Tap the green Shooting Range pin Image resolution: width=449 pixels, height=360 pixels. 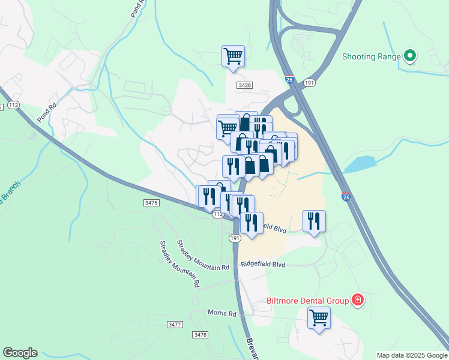411,56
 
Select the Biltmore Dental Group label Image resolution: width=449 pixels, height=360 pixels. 309,301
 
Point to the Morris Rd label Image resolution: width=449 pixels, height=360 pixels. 222,313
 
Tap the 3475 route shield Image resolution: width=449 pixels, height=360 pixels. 151,203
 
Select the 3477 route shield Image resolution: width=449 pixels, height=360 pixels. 175,325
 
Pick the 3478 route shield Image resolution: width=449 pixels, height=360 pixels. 200,334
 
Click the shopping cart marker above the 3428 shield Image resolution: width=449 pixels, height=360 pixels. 233,57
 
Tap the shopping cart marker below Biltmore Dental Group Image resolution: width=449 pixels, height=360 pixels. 319,317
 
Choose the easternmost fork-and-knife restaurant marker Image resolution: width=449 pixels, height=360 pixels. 314,221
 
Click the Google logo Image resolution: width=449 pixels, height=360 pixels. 20,353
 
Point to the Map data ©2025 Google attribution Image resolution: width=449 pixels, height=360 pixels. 412,355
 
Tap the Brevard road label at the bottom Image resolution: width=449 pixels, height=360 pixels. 252,348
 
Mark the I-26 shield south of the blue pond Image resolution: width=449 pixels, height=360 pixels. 346,197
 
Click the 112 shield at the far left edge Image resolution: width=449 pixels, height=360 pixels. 14,106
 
